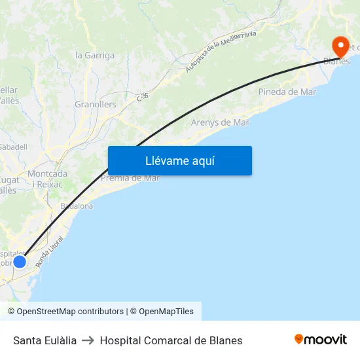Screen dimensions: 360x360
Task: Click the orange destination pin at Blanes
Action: pyautogui.click(x=340, y=46)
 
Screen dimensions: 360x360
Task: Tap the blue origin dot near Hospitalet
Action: pyautogui.click(x=20, y=261)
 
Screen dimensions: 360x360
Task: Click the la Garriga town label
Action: pyautogui.click(x=95, y=56)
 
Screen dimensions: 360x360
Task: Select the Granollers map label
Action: pyautogui.click(x=96, y=104)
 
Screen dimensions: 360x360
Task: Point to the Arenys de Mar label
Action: pyautogui.click(x=220, y=122)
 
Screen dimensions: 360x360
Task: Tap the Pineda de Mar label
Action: pyautogui.click(x=287, y=92)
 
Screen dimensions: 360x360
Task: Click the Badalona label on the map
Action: pyautogui.click(x=77, y=206)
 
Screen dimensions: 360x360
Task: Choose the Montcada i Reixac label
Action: pyautogui.click(x=47, y=179)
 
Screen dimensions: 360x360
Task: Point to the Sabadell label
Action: pyautogui.click(x=13, y=147)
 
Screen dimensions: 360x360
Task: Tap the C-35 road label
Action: pyautogui.click(x=143, y=96)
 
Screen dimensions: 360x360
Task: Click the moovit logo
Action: pyautogui.click(x=321, y=340)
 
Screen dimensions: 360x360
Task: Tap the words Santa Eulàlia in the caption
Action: pyautogui.click(x=45, y=340)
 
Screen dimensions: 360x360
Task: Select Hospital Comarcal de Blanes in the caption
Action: pyautogui.click(x=171, y=340)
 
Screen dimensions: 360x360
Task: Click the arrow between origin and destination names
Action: pyautogui.click(x=88, y=340)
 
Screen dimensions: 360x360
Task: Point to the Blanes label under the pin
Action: pyautogui.click(x=336, y=62)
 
